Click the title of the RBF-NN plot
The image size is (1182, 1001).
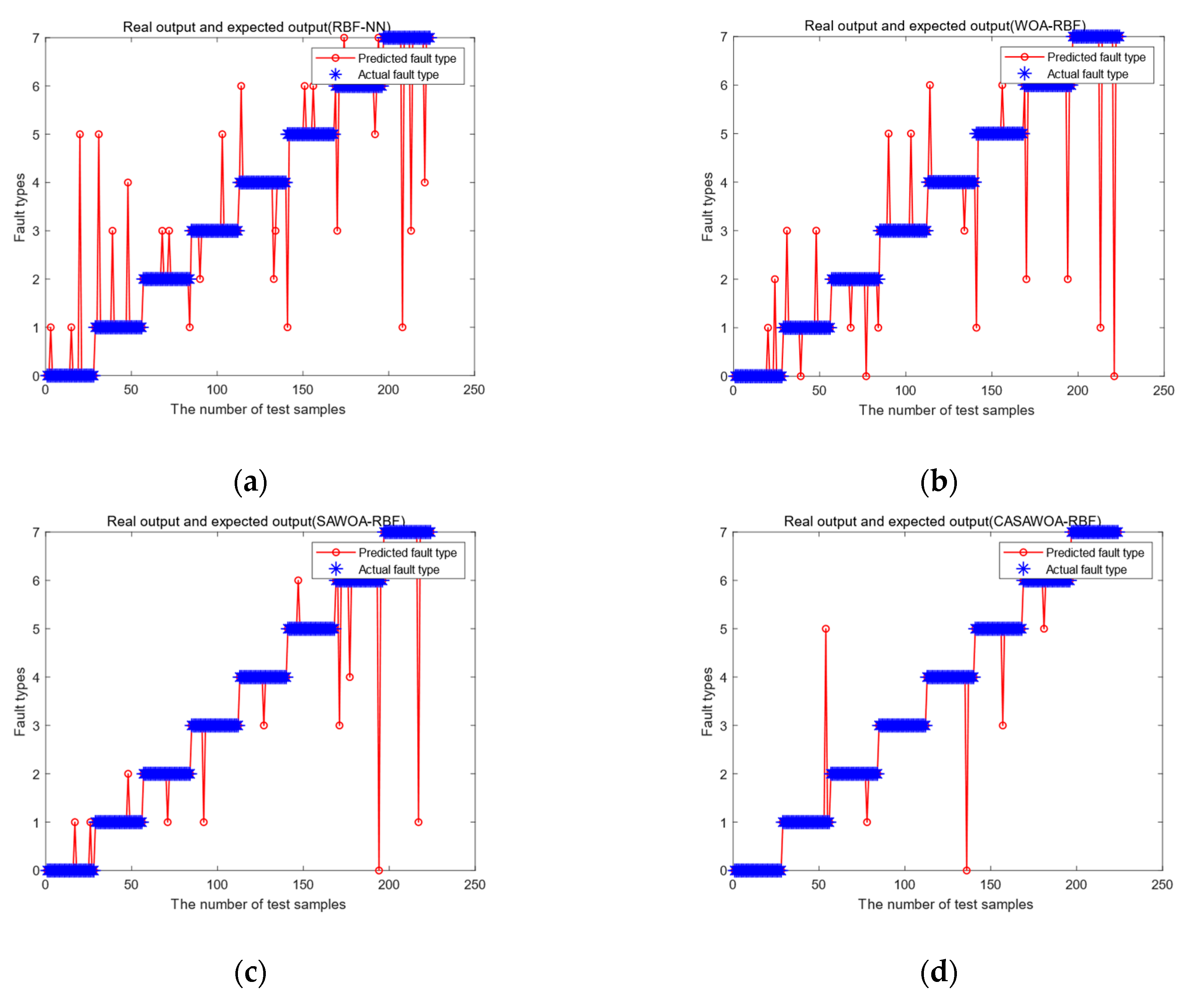[x=257, y=27]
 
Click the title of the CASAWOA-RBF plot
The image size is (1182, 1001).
[x=941, y=521]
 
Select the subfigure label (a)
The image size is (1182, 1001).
[x=250, y=481]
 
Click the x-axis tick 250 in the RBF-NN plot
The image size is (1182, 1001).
[x=473, y=389]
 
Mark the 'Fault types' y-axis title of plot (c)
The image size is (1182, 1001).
[x=20, y=701]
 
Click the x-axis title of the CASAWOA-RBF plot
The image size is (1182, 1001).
[x=945, y=904]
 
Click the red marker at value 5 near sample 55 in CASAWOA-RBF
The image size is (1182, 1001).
[x=825, y=629]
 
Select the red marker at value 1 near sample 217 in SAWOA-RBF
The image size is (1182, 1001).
[x=418, y=822]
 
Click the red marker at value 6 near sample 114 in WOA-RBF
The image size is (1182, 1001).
[x=929, y=85]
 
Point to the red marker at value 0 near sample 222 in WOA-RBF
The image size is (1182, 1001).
[x=1114, y=376]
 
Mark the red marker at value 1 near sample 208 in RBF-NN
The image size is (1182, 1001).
[x=402, y=327]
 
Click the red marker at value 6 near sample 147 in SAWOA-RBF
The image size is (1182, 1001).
[x=298, y=580]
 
